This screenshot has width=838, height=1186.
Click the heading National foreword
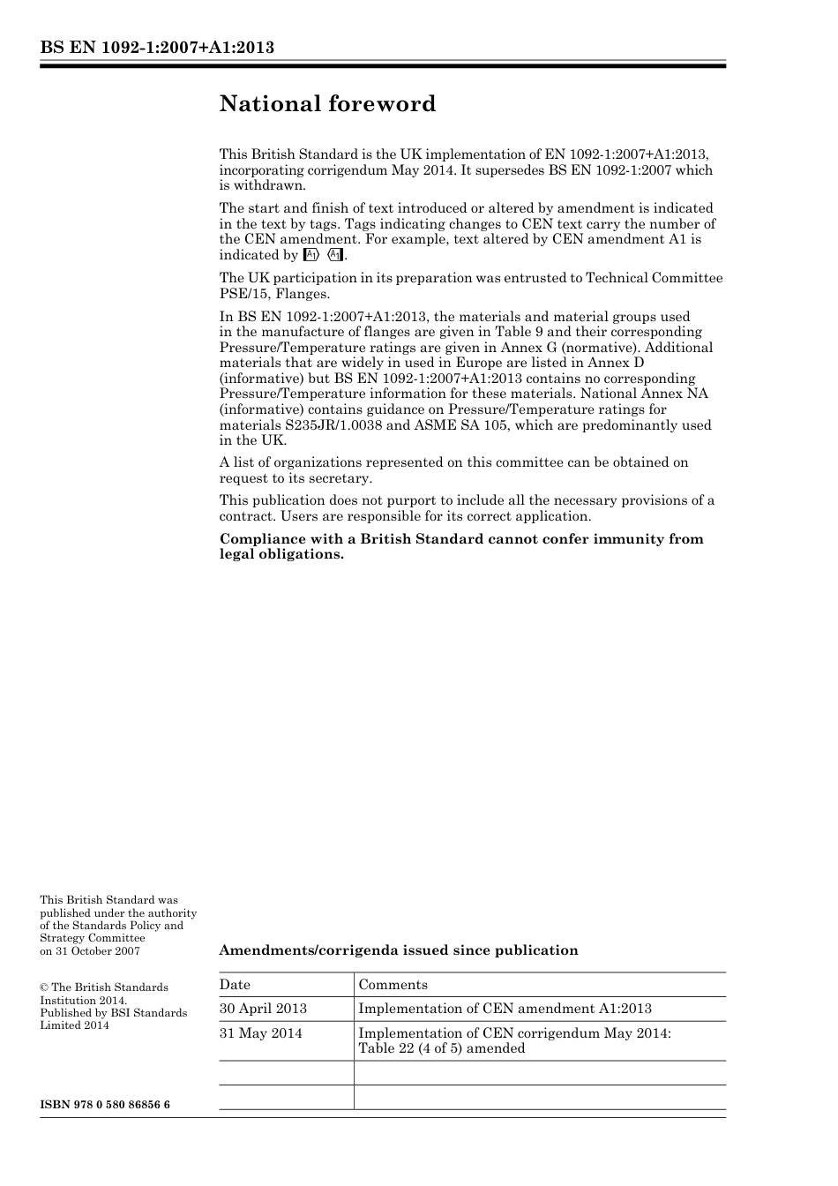click(x=327, y=104)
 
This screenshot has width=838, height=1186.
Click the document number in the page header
click(x=157, y=48)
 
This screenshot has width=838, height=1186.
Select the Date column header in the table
click(x=235, y=985)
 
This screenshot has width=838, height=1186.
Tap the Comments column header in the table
click(x=393, y=985)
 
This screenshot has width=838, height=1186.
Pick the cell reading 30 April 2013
click(x=263, y=1009)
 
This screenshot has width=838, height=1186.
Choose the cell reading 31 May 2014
click(x=260, y=1033)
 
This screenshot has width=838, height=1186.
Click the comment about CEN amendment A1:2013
click(x=505, y=1009)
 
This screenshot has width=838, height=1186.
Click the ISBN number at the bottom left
click(x=105, y=1105)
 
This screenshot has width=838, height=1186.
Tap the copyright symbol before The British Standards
click(x=44, y=988)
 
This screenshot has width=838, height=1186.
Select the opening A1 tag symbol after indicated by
click(x=311, y=255)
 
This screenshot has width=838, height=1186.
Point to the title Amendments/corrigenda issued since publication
click(x=398, y=950)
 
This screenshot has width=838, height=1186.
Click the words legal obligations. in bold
click(x=281, y=554)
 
